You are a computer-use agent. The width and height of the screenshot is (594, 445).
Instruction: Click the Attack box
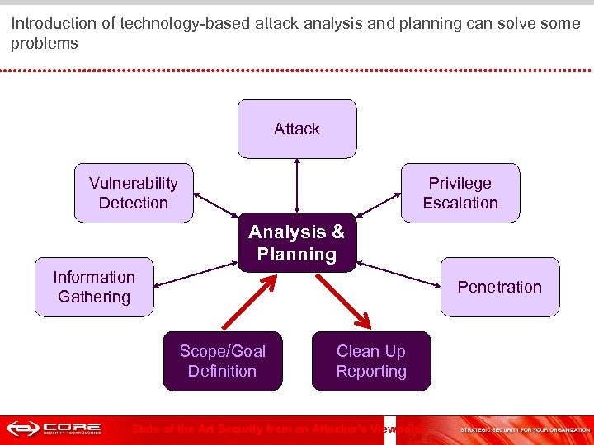click(297, 129)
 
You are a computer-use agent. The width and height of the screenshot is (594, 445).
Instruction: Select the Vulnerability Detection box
click(134, 193)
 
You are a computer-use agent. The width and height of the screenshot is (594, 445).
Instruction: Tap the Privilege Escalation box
click(460, 193)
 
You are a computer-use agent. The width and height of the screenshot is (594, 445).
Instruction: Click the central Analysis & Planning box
click(297, 243)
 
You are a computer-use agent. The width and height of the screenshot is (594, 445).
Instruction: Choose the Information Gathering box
click(94, 287)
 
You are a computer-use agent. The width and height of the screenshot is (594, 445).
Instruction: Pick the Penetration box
click(499, 287)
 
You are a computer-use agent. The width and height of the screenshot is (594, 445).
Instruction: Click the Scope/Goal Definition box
click(223, 361)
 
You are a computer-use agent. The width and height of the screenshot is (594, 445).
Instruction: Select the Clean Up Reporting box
click(371, 361)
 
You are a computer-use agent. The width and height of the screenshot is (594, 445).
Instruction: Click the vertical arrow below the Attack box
click(295, 186)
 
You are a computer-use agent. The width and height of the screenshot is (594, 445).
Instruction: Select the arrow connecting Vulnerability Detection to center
click(216, 206)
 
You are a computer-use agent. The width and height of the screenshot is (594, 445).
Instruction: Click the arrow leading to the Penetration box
click(398, 275)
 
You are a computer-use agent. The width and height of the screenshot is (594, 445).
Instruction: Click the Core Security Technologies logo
click(54, 429)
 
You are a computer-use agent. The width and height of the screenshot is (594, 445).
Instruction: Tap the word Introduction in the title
click(50, 24)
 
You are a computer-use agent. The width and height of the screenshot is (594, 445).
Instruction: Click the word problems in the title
click(45, 43)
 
